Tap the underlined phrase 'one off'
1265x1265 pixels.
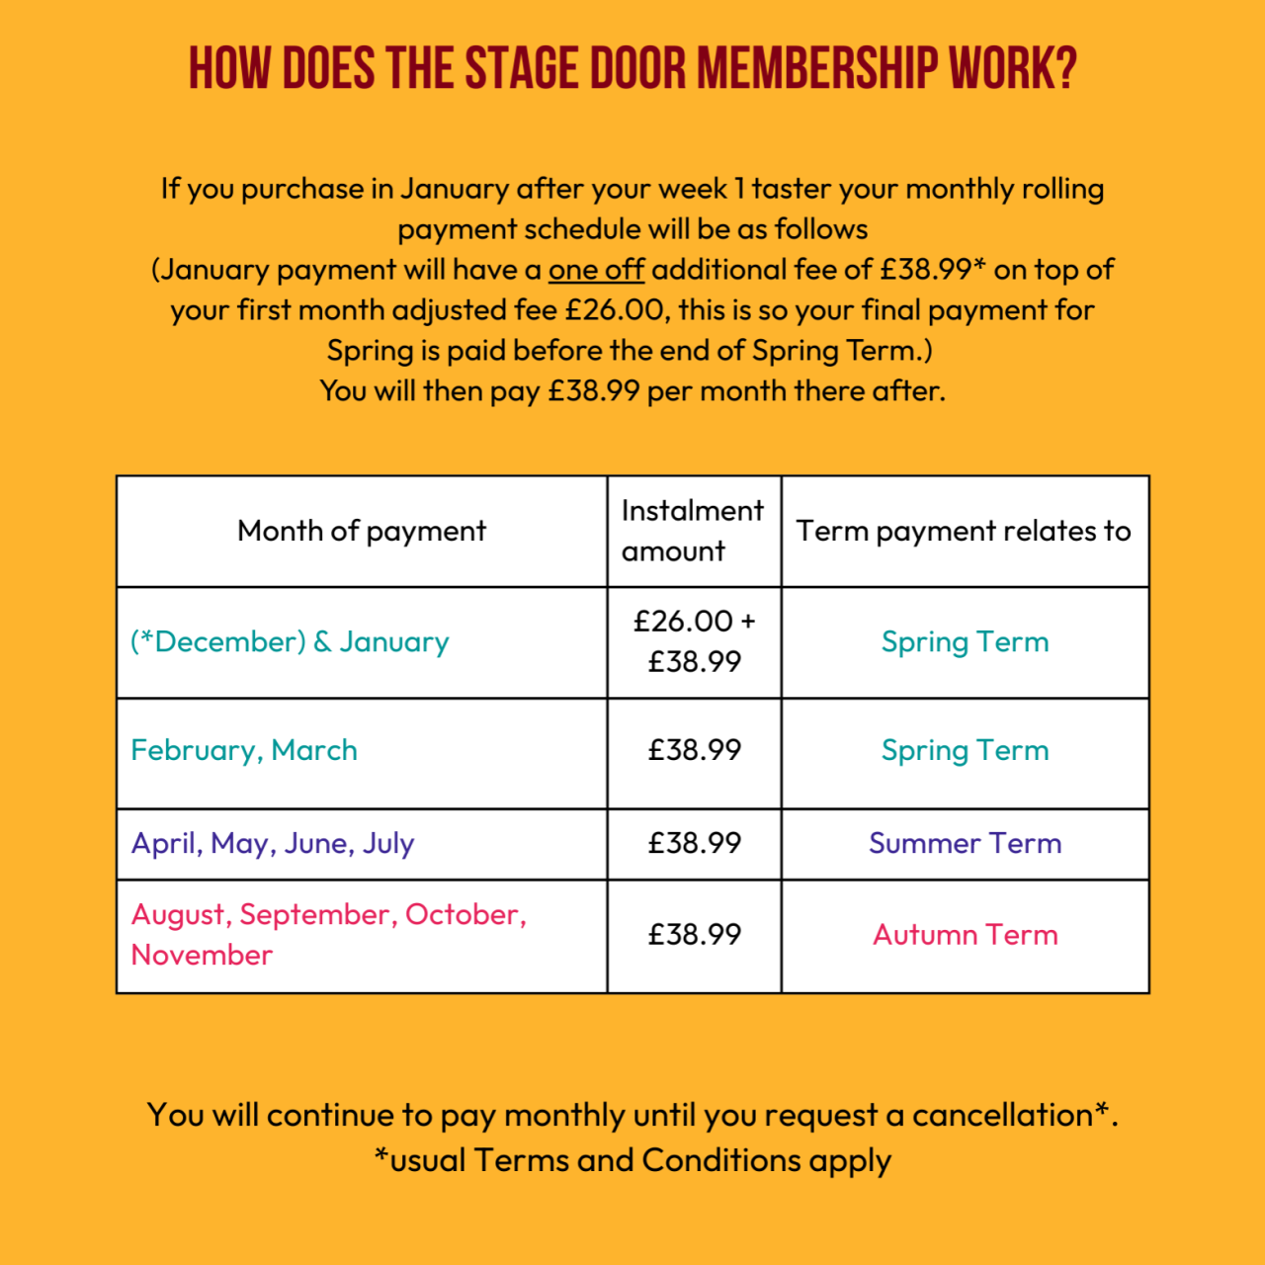(x=596, y=270)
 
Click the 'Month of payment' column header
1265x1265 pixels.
(x=362, y=532)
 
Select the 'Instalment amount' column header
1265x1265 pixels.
(x=693, y=532)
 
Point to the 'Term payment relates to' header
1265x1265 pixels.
(x=964, y=532)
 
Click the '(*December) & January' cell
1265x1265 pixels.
(x=290, y=642)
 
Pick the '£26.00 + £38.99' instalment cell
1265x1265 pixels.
(x=694, y=641)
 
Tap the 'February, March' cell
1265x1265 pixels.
(x=244, y=751)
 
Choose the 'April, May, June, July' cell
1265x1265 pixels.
(x=273, y=844)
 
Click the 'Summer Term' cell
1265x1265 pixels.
(x=965, y=844)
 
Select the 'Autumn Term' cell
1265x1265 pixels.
(x=965, y=936)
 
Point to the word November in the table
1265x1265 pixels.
(x=202, y=956)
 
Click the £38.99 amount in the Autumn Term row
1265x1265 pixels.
(x=694, y=935)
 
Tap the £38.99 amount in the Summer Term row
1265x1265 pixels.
(x=694, y=844)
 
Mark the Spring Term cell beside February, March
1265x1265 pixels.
(x=965, y=751)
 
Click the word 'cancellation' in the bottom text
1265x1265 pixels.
(x=1002, y=1116)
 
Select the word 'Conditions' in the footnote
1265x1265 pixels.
(x=720, y=1160)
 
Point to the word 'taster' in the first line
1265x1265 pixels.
(x=791, y=189)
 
